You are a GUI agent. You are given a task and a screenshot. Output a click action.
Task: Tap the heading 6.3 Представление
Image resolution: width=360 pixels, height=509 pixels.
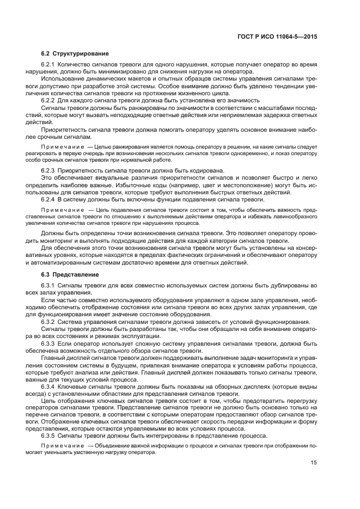click(x=70, y=274)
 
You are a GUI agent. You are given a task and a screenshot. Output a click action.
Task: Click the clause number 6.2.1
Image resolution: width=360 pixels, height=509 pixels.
click(x=50, y=65)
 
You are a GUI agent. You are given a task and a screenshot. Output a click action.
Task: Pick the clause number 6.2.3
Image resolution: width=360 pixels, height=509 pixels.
click(x=50, y=171)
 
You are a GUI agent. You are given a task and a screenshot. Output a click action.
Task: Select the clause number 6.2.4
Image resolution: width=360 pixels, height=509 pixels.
click(x=50, y=199)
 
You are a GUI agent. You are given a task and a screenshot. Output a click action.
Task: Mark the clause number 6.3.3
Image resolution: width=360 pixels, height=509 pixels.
click(x=50, y=343)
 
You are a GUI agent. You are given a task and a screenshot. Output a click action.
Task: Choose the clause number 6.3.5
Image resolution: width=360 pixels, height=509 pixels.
click(x=50, y=436)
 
